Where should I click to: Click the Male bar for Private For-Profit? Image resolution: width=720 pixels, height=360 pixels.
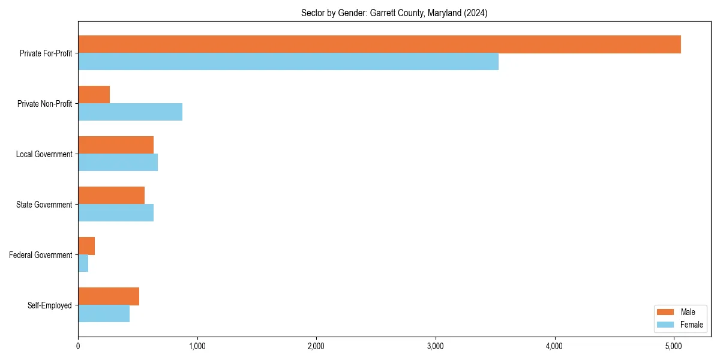(x=379, y=44)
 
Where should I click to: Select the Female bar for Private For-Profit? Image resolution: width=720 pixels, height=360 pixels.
(x=288, y=62)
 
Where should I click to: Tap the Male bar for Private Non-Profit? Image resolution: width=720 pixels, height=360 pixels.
(x=94, y=95)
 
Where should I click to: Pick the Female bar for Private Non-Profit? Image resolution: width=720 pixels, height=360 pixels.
(x=130, y=112)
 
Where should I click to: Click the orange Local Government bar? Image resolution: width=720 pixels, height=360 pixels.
(x=116, y=145)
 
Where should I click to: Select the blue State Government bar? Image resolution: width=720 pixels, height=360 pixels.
(x=116, y=213)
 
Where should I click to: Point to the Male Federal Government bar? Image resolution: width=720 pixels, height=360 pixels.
(x=86, y=246)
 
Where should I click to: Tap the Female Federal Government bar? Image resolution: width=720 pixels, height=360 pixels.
(x=83, y=263)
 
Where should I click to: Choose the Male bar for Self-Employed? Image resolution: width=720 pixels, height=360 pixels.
(x=109, y=296)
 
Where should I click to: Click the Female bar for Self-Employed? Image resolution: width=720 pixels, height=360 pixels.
(x=104, y=314)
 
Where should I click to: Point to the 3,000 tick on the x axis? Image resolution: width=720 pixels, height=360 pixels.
(x=436, y=346)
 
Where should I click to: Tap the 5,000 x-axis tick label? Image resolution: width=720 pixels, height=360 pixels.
(x=674, y=346)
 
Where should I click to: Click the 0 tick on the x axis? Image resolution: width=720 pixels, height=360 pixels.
(x=78, y=346)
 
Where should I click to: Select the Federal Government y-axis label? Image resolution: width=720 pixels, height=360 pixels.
(x=41, y=255)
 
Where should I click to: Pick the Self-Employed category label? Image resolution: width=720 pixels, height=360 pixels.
(x=50, y=305)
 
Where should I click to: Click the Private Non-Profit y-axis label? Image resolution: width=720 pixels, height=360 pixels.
(x=44, y=104)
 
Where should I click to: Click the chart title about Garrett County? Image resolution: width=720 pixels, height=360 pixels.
(x=394, y=13)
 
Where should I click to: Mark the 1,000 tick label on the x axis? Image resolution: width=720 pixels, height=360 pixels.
(x=197, y=346)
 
